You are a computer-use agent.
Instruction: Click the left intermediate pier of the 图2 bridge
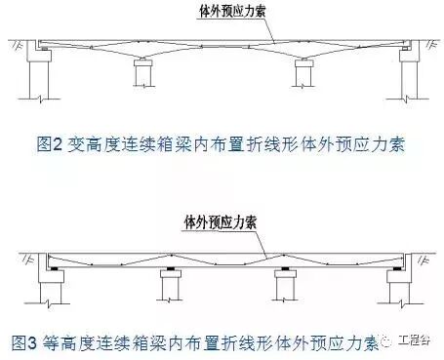coord(144,72)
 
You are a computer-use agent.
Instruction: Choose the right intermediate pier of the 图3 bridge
coord(284,285)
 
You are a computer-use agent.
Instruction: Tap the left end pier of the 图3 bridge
coord(47,287)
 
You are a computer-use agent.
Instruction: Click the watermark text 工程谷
coord(418,342)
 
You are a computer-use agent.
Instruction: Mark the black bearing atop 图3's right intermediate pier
coord(284,266)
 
